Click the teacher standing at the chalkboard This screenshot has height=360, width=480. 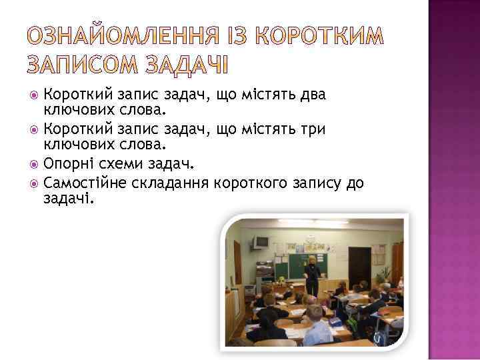311,274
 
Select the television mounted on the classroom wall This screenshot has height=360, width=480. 261,241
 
